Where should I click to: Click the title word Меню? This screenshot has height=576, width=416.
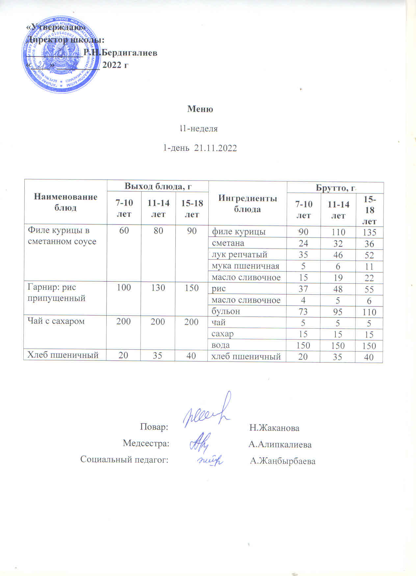[x=200, y=109]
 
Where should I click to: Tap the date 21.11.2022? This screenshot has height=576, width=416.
[x=216, y=148]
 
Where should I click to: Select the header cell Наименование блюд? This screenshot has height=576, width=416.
[x=65, y=202]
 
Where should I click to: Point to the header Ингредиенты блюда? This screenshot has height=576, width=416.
[x=247, y=204]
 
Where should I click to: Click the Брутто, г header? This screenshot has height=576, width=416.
[x=335, y=188]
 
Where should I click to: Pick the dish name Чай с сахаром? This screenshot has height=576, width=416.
[x=56, y=321]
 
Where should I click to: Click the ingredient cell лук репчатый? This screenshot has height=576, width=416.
[x=239, y=254]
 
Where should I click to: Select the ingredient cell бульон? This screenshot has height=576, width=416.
[x=226, y=311]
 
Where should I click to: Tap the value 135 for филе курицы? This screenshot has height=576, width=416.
[x=369, y=232]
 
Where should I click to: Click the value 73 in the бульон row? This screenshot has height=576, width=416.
[x=303, y=311]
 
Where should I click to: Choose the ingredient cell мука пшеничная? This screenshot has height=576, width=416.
[x=245, y=266]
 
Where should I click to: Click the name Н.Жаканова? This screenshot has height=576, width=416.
[x=274, y=428]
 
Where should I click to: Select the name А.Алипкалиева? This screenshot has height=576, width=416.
[x=280, y=444]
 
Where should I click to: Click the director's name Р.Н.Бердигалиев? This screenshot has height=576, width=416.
[x=120, y=53]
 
